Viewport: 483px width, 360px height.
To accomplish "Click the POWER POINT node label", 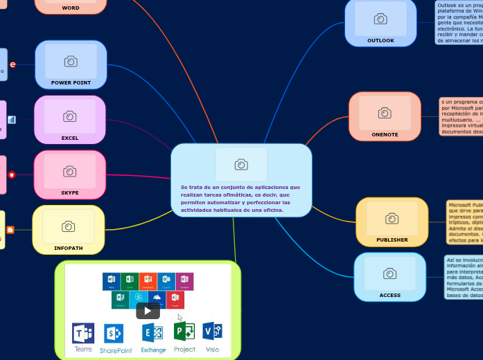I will [x=71, y=82].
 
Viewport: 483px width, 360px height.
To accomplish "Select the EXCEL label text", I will [x=70, y=138].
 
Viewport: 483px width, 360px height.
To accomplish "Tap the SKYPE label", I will [x=70, y=192].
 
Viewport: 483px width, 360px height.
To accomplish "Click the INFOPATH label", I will [x=68, y=247].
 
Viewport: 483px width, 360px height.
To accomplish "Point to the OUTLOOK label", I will [x=380, y=40].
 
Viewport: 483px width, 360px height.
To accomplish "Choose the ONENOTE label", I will [x=385, y=134].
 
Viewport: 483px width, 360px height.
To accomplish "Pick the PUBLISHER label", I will [x=392, y=240].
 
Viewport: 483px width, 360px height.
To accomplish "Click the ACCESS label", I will [x=389, y=295].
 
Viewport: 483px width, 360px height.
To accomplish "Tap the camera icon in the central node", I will [x=241, y=164].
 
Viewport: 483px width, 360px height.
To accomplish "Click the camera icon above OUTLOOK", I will [x=380, y=19].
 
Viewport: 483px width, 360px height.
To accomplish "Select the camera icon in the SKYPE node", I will [x=70, y=171].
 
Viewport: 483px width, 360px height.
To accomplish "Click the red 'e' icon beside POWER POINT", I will [x=12, y=64].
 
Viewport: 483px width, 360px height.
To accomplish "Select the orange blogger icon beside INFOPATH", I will [x=10, y=229].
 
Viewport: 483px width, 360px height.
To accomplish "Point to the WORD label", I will [x=71, y=8].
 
